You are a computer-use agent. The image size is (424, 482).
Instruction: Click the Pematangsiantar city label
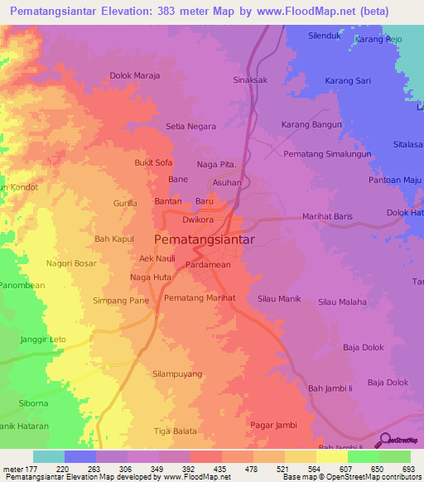click(205, 239)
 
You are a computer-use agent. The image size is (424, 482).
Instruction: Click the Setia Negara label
click(190, 127)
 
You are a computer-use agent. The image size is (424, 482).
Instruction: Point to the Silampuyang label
click(177, 374)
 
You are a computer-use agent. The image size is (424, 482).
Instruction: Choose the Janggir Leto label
click(42, 340)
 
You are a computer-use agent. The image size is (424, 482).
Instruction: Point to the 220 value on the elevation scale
click(63, 469)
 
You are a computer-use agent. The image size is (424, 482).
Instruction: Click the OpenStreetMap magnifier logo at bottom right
click(384, 439)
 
